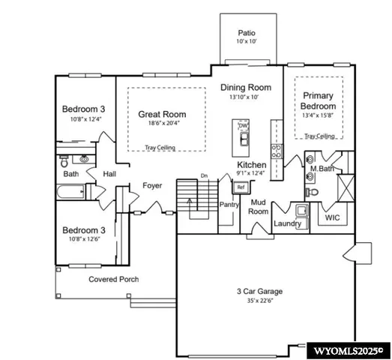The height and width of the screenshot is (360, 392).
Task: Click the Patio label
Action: pos(247,33)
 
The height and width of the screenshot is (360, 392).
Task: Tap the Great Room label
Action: pos(162,115)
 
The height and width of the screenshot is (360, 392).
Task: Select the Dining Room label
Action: pos(244,88)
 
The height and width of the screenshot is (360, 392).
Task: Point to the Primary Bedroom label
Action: pos(319,100)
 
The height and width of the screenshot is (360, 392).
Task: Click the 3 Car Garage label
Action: pos(261,292)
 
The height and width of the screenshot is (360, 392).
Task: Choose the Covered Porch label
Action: pos(113,279)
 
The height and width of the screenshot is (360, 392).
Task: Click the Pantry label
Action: pos(229,204)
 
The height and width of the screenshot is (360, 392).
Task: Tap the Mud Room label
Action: pos(259,207)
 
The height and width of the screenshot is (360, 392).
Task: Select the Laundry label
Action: pos(287,223)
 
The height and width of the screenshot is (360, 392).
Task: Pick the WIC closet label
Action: pos(333,217)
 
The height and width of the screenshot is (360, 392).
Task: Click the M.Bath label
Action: pos(322,169)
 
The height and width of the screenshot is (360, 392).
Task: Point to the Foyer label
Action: pos(152,186)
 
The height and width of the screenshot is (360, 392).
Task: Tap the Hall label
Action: pos(109,174)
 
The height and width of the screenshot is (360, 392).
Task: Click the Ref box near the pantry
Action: pos(241,187)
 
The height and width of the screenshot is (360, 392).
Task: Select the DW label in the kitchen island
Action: pos(243,125)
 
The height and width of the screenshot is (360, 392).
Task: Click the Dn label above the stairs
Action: pos(203,176)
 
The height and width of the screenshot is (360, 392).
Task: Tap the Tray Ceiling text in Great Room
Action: pos(160,148)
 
